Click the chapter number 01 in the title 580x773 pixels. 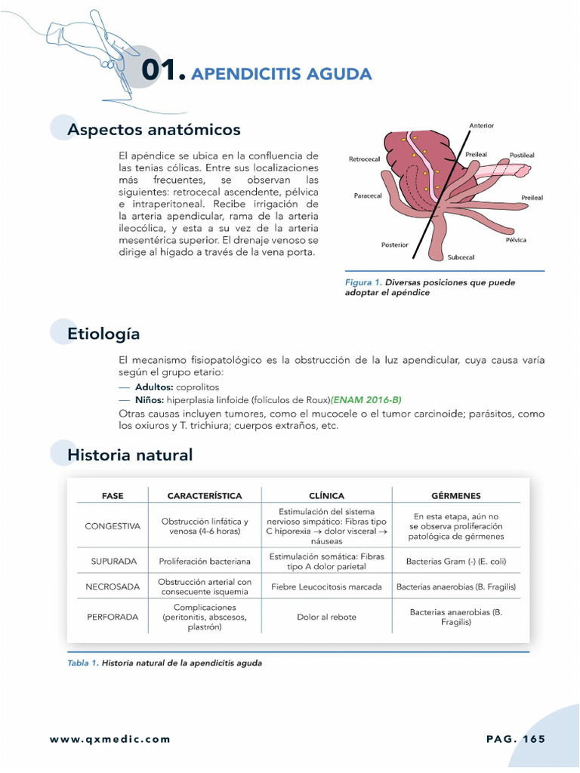[163, 72]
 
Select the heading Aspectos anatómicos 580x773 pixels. [153, 130]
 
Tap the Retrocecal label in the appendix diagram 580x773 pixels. [364, 159]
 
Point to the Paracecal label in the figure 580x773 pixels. [368, 196]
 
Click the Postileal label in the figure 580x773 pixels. [522, 155]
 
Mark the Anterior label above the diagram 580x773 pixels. [481, 125]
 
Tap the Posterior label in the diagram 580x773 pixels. [394, 245]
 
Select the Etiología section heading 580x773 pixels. [103, 333]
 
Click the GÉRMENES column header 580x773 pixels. [455, 496]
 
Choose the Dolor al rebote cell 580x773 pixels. [326, 617]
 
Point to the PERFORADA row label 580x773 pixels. [113, 617]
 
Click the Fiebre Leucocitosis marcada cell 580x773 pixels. [326, 587]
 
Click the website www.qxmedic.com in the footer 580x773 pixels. [110, 739]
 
